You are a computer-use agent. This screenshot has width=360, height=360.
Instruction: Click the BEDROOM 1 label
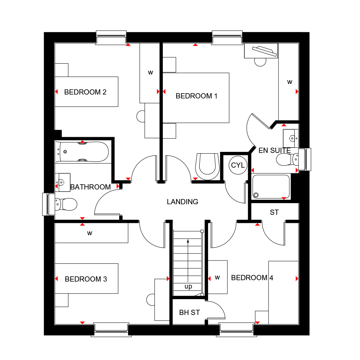[194, 96]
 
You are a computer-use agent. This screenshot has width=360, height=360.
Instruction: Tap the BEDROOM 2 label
[85, 92]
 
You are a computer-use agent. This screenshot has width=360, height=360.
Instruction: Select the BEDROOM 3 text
[86, 279]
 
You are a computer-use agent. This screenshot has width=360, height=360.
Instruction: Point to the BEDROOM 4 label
[252, 278]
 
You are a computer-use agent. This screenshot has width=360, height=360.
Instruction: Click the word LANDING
[182, 202]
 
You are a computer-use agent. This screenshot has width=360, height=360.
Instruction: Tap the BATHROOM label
[90, 187]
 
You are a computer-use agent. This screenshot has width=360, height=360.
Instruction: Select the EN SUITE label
[275, 150]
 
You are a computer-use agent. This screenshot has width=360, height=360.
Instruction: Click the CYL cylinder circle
[238, 165]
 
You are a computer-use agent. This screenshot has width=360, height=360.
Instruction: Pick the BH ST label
[189, 313]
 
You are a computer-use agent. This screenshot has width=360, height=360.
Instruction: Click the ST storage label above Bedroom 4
[274, 212]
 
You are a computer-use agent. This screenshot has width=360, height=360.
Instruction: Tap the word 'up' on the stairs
[188, 287]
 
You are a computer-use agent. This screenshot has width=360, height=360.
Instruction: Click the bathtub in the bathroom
[83, 152]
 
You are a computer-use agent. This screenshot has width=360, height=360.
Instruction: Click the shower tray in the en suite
[271, 187]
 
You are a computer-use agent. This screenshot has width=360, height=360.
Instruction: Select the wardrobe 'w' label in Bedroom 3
[90, 233]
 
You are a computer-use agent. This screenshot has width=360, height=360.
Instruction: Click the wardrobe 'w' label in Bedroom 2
[150, 73]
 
